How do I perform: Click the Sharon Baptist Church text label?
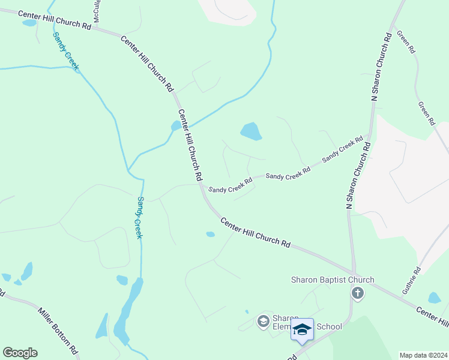332,280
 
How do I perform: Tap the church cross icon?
358,293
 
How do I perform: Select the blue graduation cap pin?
302,329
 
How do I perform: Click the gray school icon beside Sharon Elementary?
262,322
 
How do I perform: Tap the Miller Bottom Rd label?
58,330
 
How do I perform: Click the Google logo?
20,353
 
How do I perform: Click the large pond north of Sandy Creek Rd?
250,131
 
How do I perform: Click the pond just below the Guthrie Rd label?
435,298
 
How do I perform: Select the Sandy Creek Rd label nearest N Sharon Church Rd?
343,149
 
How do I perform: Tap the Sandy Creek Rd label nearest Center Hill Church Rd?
231,185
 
